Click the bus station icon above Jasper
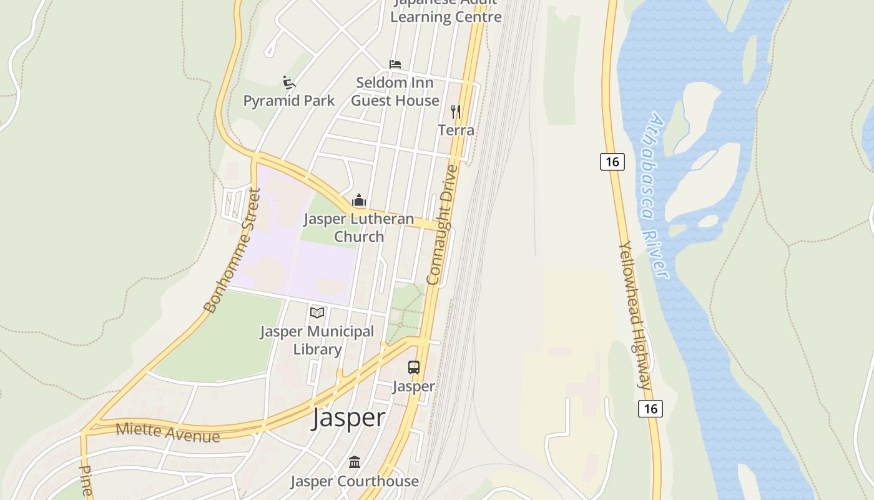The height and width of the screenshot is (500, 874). [x=414, y=367]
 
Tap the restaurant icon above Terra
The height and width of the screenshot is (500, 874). [x=456, y=112]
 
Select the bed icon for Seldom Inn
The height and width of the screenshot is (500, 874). [x=395, y=64]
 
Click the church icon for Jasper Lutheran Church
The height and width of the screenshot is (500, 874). [x=359, y=201]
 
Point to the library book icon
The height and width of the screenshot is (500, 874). [x=317, y=312]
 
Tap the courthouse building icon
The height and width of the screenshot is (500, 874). [x=355, y=462]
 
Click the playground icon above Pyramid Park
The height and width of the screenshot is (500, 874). [x=288, y=82]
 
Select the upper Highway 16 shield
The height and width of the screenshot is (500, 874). [x=612, y=162]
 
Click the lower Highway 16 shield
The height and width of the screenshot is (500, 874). [x=650, y=409]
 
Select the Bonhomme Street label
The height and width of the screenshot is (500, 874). [x=232, y=251]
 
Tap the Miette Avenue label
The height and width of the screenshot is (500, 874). [x=168, y=432]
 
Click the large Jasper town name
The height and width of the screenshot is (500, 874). [x=348, y=417]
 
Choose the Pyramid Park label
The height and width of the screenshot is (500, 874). [x=289, y=101]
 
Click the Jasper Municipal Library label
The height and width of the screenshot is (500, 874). [x=317, y=341]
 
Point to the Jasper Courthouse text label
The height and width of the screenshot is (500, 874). [x=355, y=481]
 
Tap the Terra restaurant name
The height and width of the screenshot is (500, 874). [x=456, y=130]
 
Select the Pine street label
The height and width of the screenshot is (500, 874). [x=86, y=480]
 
